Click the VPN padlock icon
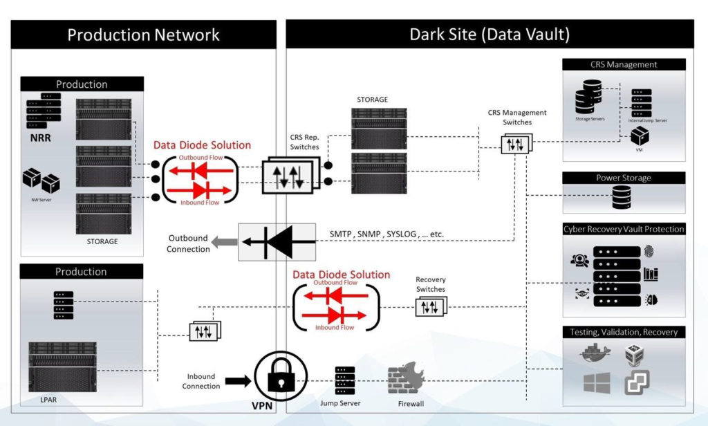coord(281,379)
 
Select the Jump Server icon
coord(344,380)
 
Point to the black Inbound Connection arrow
coord(237,380)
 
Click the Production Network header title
coord(143,35)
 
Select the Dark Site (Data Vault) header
coord(490,35)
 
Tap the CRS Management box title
coord(624,64)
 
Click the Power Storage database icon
coord(622,198)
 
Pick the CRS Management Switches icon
coord(516,144)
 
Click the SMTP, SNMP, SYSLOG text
coord(386,234)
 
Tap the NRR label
coord(40,138)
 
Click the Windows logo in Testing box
coord(596,383)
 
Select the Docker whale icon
coord(596,353)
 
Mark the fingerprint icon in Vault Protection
coord(649,252)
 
